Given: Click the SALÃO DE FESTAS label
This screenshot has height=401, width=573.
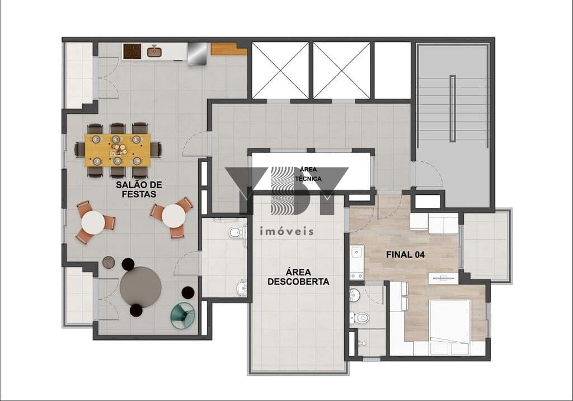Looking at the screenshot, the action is click(x=139, y=189).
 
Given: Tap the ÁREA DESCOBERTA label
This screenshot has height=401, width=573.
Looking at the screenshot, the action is click(x=298, y=277).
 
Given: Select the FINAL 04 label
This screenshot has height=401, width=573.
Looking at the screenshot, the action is click(x=405, y=255).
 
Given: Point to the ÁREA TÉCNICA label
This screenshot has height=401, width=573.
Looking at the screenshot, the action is click(x=308, y=174).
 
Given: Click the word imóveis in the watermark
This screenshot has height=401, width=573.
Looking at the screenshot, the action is click(x=287, y=231).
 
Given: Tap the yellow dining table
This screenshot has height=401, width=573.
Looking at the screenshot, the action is click(x=118, y=150).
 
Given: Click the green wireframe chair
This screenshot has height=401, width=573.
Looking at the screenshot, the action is click(x=183, y=315).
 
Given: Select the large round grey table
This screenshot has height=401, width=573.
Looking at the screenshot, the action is click(x=140, y=287).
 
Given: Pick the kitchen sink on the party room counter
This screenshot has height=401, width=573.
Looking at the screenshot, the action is click(x=154, y=51).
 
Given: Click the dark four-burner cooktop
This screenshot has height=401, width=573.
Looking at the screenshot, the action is click(x=132, y=51).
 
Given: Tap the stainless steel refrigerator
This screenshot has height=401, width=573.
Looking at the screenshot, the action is click(x=198, y=54).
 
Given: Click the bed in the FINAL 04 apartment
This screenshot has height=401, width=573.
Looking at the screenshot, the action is click(x=449, y=322).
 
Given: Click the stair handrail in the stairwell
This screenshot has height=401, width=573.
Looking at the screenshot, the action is click(x=452, y=108).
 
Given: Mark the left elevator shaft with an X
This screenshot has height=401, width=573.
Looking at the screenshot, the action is click(x=280, y=70).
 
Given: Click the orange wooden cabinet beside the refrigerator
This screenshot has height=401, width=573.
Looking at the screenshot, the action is click(x=229, y=49).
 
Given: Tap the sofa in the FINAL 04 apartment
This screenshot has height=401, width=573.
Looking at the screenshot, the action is click(x=434, y=222).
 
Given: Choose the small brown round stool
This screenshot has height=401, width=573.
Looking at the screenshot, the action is click(x=109, y=262).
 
